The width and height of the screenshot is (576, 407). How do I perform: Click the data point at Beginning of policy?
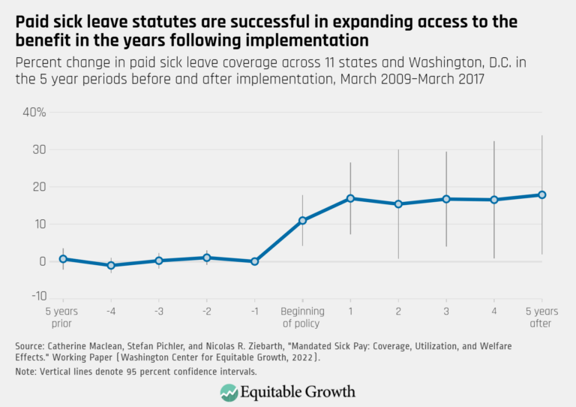point(302,221)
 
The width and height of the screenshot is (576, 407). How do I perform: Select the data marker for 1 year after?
point(350,198)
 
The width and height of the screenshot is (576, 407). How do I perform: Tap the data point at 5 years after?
point(541,194)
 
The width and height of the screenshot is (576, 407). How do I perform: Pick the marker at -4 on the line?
point(111,265)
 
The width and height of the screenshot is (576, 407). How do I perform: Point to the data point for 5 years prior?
point(63,258)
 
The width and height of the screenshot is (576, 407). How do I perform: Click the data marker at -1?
point(254,261)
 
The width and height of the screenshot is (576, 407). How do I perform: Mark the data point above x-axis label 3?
point(446,199)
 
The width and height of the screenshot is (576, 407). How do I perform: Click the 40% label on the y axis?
point(35,113)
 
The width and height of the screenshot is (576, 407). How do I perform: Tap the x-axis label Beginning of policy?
point(302,317)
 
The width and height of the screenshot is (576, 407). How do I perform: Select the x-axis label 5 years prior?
point(63,317)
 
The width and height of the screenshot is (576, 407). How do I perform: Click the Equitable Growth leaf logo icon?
point(229,391)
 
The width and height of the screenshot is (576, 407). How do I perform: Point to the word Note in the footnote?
point(26,370)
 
